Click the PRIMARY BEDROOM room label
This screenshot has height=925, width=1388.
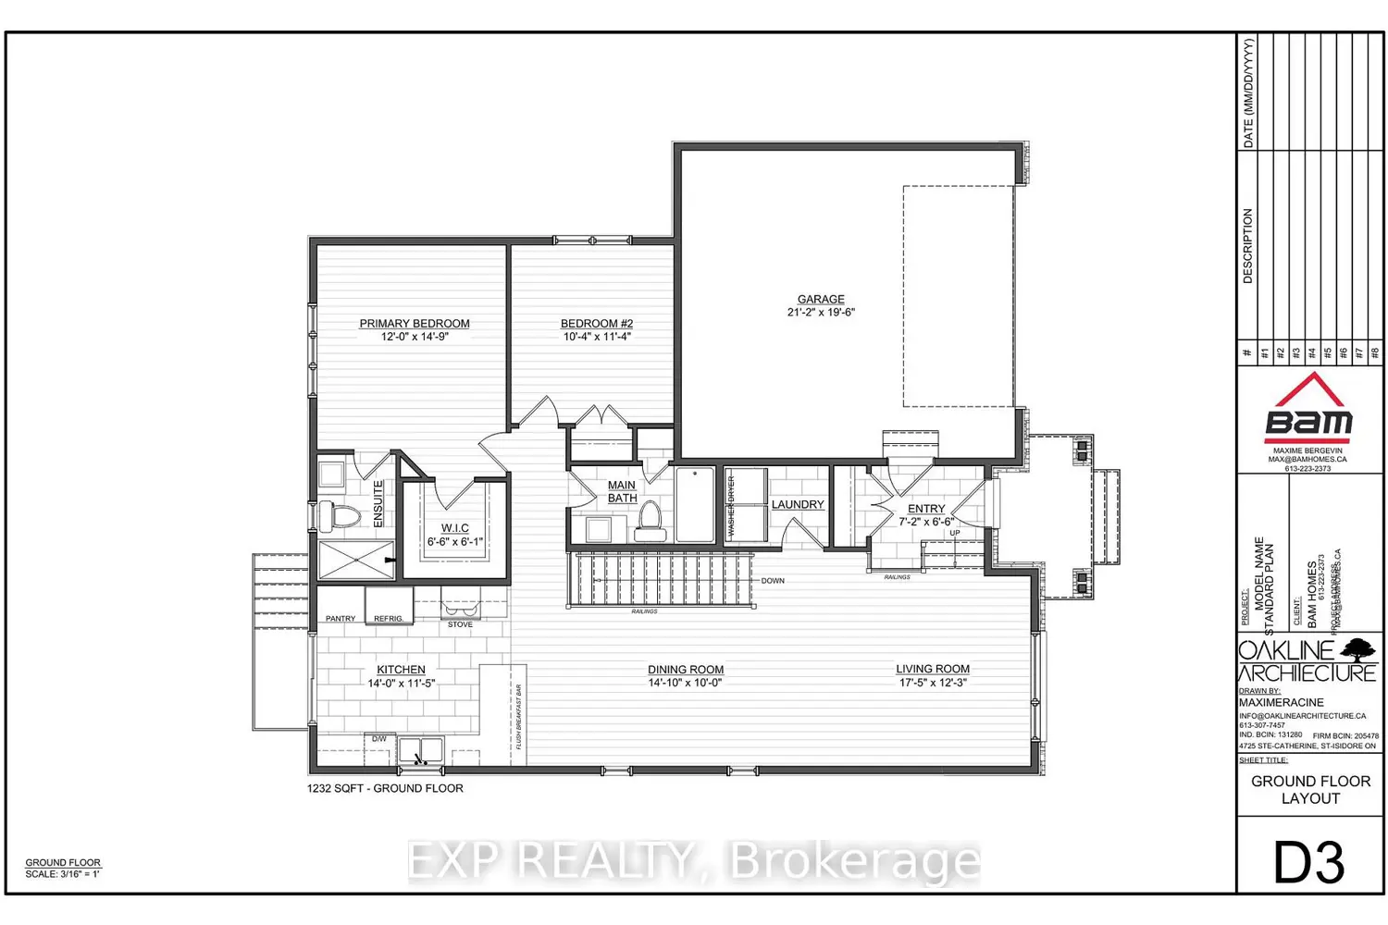pos(415,324)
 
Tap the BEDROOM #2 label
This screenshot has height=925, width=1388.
pos(597,324)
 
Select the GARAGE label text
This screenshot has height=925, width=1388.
pos(821,299)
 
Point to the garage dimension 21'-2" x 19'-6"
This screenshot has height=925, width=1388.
pos(821,313)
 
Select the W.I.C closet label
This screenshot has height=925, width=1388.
pos(454,528)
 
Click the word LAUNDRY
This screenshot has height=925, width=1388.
pos(798,504)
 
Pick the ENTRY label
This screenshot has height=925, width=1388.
pos(926,509)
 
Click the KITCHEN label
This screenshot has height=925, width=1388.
pos(401,670)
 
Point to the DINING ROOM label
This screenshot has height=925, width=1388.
pos(686,670)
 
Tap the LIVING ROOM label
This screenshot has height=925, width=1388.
pos(933,669)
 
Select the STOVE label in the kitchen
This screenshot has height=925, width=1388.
pos(460,624)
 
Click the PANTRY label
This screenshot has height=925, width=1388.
pos(341,618)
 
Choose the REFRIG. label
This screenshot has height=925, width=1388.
pos(388,618)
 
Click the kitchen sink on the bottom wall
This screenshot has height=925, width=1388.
pos(421,749)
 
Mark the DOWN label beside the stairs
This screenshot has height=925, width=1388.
pos(773,581)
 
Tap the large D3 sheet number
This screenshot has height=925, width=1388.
pos(1309,863)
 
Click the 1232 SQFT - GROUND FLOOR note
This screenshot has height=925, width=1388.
pos(385,789)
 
